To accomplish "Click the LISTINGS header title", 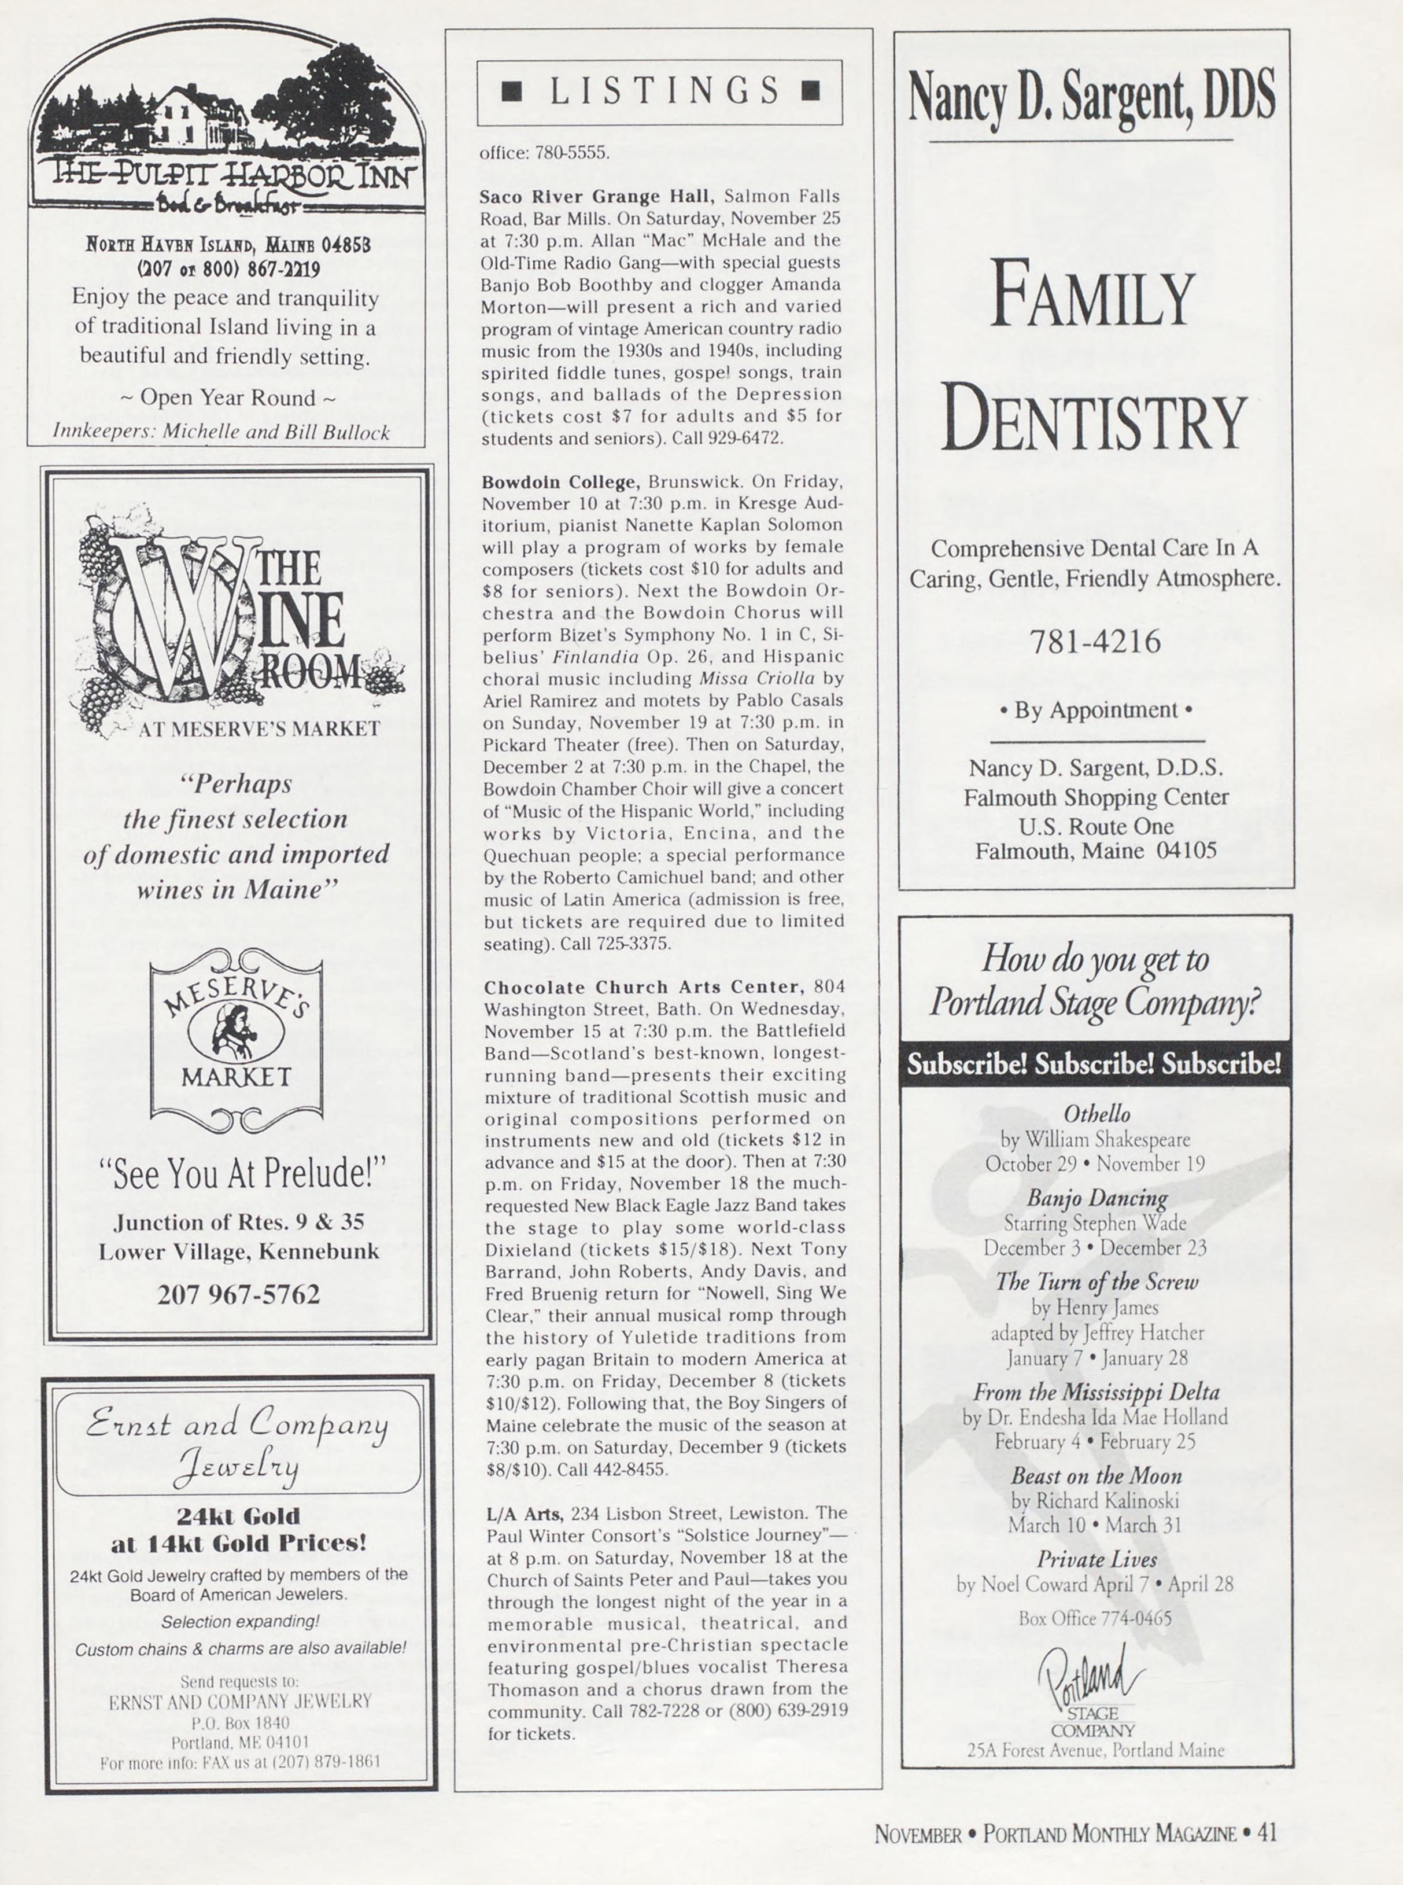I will [659, 91].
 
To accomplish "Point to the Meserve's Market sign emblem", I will [236, 1041].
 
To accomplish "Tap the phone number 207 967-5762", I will [239, 1295].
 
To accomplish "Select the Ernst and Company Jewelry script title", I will [238, 1444].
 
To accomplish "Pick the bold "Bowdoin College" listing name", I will [559, 483].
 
